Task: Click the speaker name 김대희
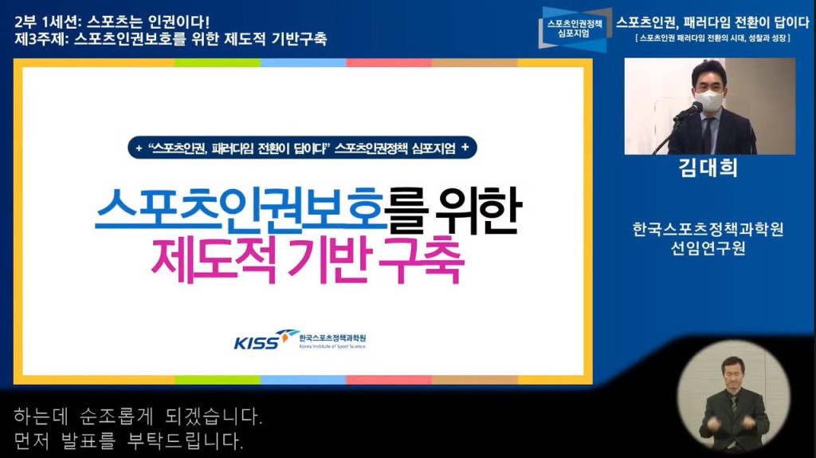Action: point(708,168)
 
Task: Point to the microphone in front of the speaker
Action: point(688,112)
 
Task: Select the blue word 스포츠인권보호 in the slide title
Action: point(241,210)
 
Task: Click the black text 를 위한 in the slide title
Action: point(453,210)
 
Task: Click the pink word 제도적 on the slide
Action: point(214,260)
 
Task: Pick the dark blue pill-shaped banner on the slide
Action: point(302,148)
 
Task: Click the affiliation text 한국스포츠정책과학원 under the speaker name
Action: point(708,229)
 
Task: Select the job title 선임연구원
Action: point(708,248)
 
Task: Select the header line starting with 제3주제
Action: point(171,39)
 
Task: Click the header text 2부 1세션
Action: point(45,22)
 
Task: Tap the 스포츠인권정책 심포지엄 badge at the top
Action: point(575,29)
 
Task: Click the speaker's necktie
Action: point(708,135)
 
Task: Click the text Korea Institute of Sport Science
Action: point(332,346)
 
